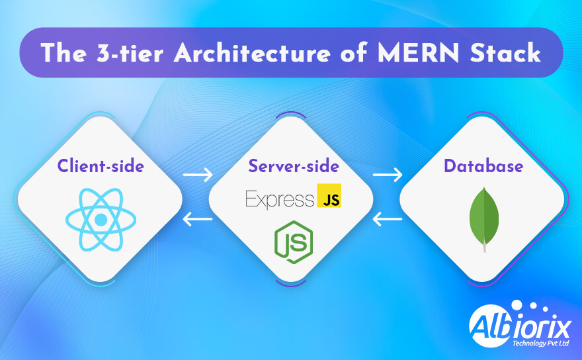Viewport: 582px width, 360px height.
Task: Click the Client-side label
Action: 101,165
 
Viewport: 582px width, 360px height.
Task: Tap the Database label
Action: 483,165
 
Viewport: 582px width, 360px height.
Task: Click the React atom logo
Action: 101,219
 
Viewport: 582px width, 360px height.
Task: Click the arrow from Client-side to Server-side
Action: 198,175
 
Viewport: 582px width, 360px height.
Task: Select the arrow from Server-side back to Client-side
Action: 198,219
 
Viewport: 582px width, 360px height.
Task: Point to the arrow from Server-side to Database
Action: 388,175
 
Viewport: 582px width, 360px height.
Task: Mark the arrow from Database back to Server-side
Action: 388,219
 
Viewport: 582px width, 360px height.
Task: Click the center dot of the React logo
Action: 101,219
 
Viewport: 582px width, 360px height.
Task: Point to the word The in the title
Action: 64,54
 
